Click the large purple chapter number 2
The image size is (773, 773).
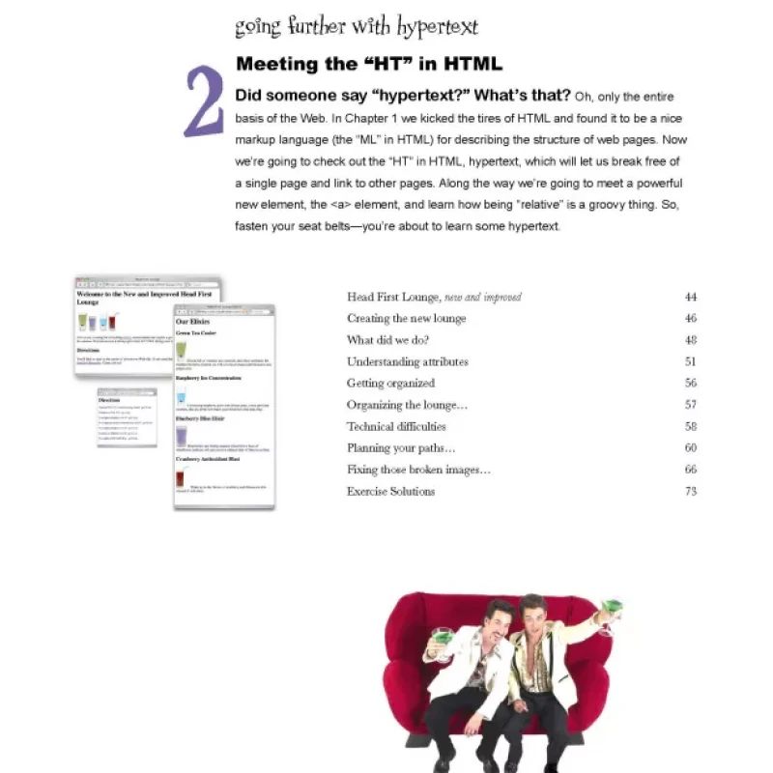click(204, 102)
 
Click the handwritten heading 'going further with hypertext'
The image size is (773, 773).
click(356, 26)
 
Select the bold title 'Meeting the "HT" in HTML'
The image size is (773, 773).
click(368, 65)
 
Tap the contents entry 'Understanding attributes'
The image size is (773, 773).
click(407, 361)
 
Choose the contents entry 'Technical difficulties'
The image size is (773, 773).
click(396, 426)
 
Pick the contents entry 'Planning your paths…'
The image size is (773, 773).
click(400, 447)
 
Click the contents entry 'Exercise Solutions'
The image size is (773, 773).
click(390, 491)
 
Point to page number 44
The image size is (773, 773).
click(690, 297)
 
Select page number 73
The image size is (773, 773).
click(690, 491)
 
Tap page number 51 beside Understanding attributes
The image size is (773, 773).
click(690, 361)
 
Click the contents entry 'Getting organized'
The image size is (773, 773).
click(390, 383)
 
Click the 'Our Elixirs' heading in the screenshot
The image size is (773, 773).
click(192, 321)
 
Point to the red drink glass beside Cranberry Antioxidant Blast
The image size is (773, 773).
click(181, 479)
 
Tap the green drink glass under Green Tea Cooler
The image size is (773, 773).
click(181, 351)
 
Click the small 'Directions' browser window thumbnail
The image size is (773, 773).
click(127, 416)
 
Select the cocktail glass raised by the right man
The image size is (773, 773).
click(609, 616)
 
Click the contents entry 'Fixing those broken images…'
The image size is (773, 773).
click(418, 470)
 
